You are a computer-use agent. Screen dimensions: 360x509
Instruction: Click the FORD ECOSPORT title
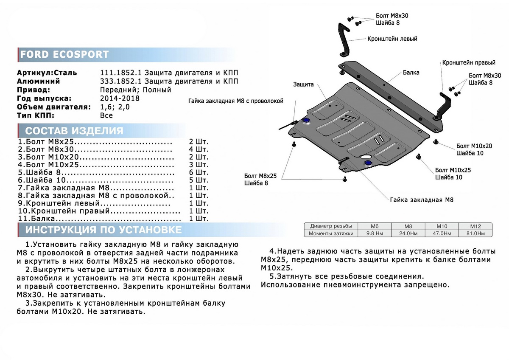pos(64,54)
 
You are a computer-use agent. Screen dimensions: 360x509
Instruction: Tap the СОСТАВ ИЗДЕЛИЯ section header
pos(74,130)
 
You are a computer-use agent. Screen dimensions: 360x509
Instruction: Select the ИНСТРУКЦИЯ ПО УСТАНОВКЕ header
pos(103,230)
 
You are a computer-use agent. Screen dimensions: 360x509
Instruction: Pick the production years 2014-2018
pos(120,98)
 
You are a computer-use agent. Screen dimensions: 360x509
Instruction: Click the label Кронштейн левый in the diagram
pos(392,39)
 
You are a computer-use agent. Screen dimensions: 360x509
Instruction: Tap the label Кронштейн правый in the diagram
pos(469,63)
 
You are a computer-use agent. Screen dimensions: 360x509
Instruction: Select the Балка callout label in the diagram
pos(411,72)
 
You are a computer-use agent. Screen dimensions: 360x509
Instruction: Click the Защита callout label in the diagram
pos(303,84)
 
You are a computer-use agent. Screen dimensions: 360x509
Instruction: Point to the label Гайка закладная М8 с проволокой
pos(235,101)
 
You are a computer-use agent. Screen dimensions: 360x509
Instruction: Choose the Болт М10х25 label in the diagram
pos(453,170)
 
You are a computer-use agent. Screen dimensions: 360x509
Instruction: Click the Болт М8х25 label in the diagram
pos(260,176)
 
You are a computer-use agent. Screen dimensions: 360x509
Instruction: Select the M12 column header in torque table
pos(475,226)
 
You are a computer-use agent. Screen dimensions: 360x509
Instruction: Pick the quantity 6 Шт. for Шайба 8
pos(199,172)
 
